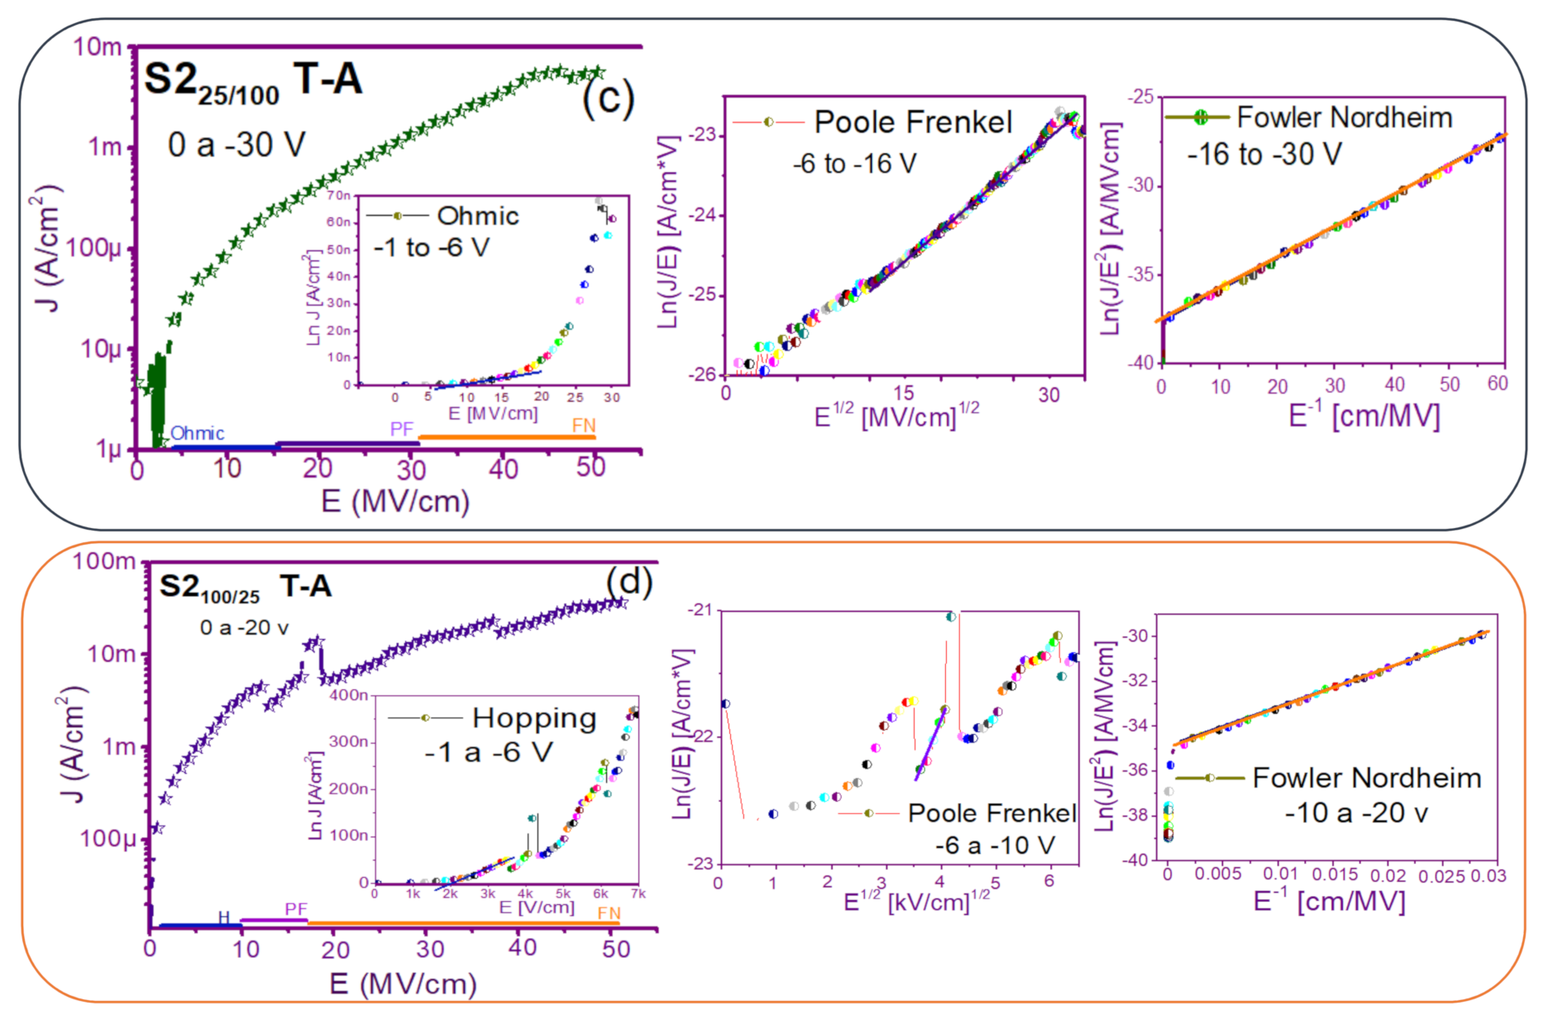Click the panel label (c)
608,99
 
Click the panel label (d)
628,582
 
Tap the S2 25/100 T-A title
253,83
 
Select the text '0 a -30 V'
236,145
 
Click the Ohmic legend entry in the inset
477,217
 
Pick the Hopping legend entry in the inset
533,718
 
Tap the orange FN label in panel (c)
584,425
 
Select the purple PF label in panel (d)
296,909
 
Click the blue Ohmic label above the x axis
197,433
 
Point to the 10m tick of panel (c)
98,47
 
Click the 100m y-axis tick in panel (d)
104,562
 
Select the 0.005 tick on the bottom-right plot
1218,874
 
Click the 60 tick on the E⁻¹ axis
1498,384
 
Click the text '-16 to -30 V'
1264,155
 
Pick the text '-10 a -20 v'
1356,813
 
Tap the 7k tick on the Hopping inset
638,894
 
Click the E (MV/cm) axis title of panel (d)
403,984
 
